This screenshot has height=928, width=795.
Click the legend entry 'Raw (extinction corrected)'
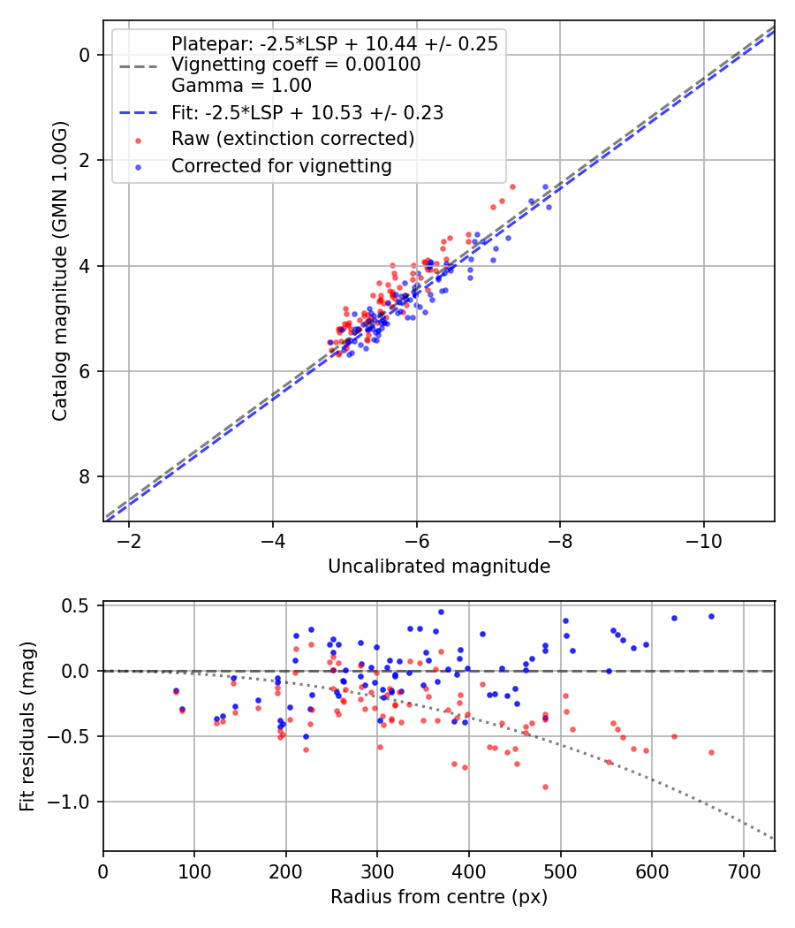[292, 139]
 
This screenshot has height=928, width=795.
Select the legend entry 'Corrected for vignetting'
[281, 165]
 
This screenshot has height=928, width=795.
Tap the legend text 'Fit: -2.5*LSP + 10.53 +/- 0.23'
[307, 112]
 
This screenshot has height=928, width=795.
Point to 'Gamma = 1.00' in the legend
[241, 86]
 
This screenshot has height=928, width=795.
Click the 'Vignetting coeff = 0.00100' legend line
[295, 65]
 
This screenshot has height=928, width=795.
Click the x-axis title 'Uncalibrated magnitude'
[439, 567]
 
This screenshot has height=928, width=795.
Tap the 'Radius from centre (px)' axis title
[439, 897]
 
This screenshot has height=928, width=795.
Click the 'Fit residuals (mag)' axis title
[27, 726]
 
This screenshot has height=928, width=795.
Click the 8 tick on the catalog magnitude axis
[84, 477]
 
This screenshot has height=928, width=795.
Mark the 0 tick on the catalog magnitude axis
[84, 55]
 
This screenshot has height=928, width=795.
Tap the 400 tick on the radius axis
[469, 867]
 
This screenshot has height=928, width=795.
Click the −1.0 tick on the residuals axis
[71, 802]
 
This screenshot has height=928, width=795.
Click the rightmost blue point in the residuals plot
[711, 616]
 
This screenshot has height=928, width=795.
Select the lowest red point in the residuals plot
[545, 787]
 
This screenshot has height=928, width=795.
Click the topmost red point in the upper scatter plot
[512, 186]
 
